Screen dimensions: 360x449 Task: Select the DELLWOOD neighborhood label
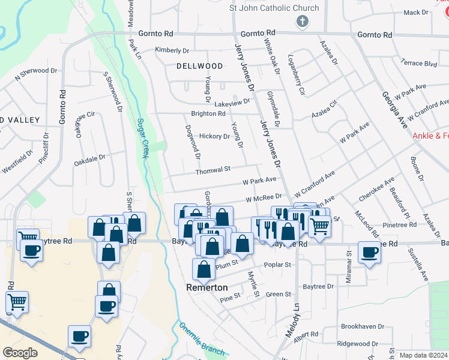200,66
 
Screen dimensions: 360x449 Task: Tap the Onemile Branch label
202,339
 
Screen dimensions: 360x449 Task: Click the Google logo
20,353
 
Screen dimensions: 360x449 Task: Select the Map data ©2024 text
423,355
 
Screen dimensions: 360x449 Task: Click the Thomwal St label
213,171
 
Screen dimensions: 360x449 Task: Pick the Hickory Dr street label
214,136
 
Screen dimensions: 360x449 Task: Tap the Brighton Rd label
208,113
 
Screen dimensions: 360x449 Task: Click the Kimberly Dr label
172,50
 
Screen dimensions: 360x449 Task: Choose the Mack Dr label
415,12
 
